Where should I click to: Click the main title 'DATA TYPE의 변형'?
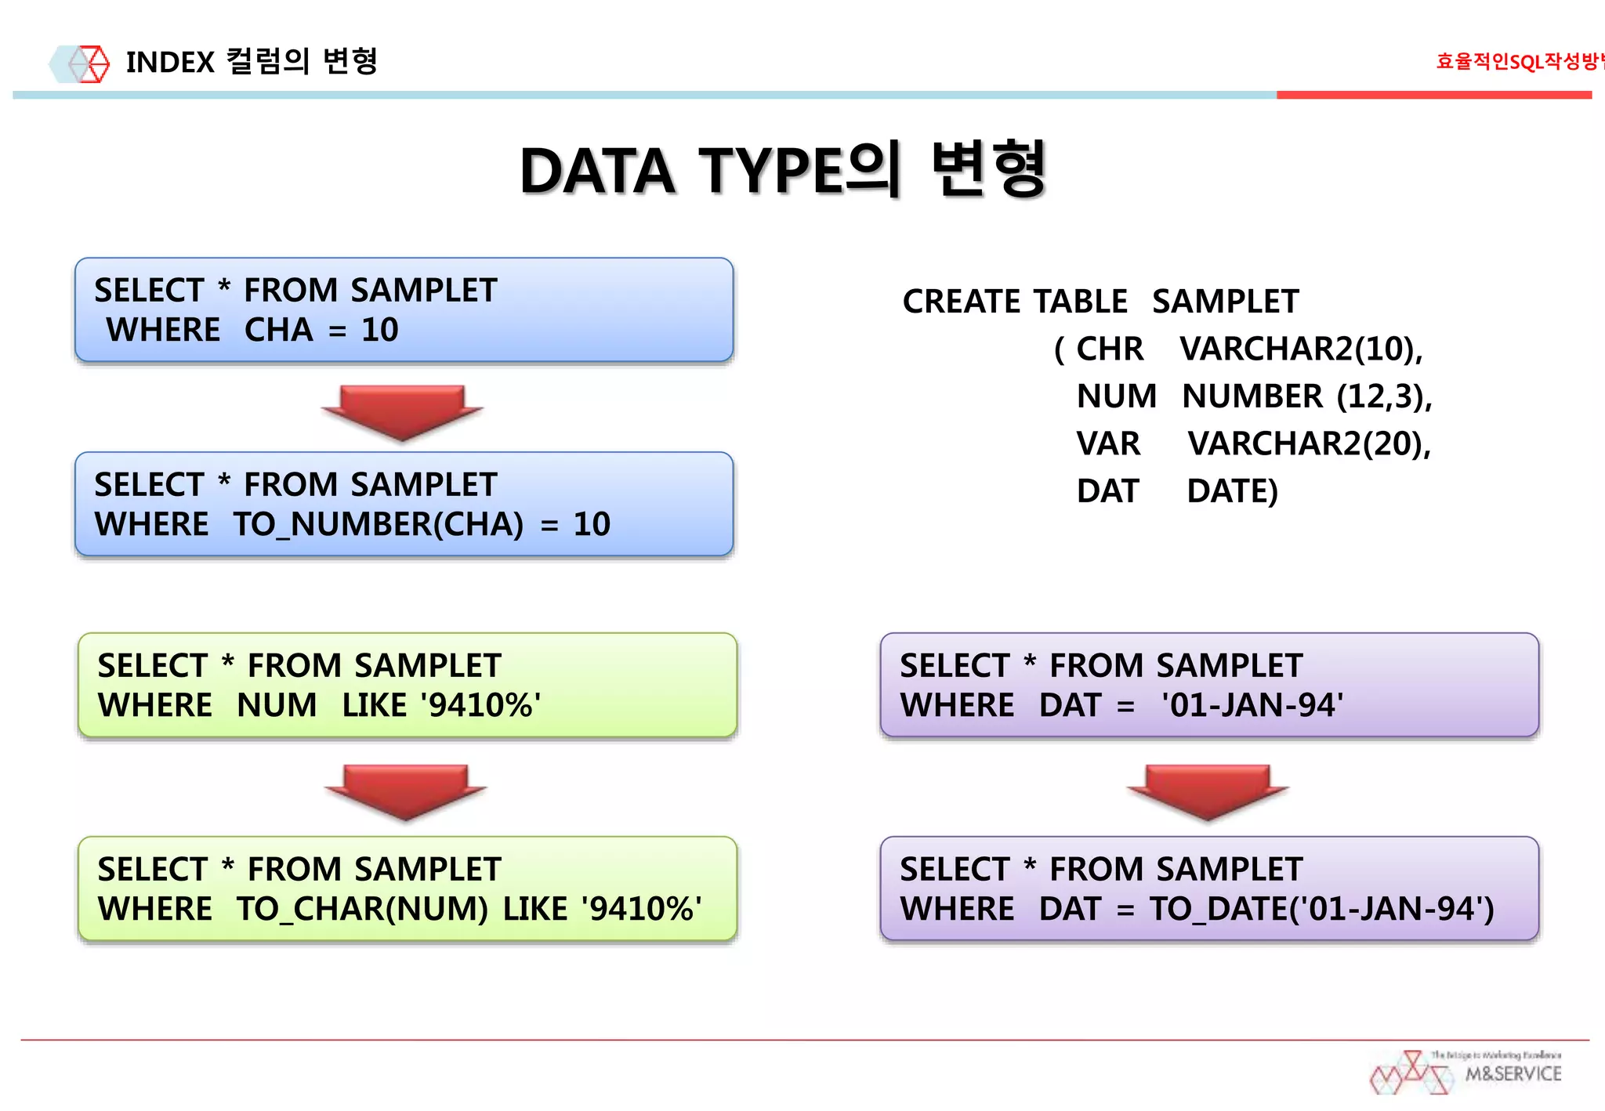pos(784,169)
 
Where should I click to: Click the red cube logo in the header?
pos(89,63)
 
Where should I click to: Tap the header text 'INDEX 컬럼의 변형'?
pos(252,62)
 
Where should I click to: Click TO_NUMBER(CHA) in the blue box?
pos(379,524)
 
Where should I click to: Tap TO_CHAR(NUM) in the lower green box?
pos(362,909)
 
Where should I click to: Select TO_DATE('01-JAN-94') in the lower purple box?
pos(1322,909)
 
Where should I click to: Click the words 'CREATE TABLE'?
pos(1015,302)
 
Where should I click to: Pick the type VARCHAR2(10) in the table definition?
pos(1301,349)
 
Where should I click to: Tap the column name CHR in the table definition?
pos(1109,349)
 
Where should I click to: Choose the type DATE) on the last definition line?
pos(1232,491)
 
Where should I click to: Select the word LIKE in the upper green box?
pos(374,705)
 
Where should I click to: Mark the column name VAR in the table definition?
pos(1108,444)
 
